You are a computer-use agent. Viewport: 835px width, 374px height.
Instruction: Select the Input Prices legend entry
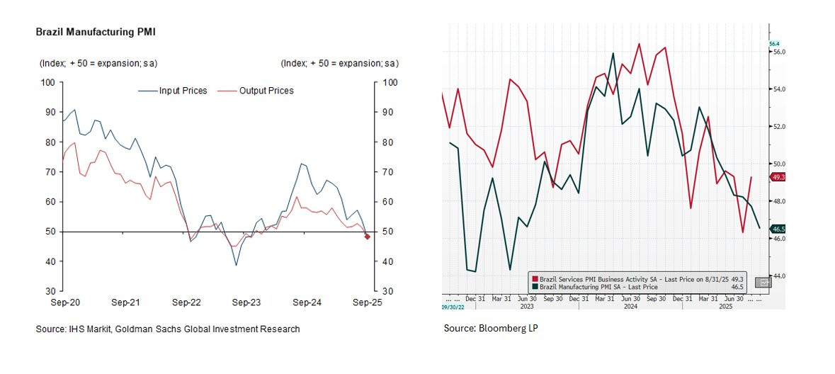pyautogui.click(x=183, y=91)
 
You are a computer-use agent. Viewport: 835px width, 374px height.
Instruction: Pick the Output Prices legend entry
pyautogui.click(x=266, y=91)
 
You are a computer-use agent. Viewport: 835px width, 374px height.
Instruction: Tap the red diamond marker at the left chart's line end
pyautogui.click(x=368, y=237)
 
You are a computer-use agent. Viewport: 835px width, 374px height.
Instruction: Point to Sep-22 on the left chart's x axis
pyautogui.click(x=187, y=302)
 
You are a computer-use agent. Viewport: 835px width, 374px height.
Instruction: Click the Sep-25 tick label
pyautogui.click(x=368, y=302)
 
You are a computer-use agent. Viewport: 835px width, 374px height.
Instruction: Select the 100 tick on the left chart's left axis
pyautogui.click(x=49, y=82)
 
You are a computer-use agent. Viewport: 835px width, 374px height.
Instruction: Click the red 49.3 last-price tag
pyautogui.click(x=777, y=177)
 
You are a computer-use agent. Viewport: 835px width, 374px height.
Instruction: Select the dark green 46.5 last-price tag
pyautogui.click(x=777, y=229)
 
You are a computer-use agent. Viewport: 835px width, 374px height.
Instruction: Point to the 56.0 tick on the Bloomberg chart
pyautogui.click(x=778, y=52)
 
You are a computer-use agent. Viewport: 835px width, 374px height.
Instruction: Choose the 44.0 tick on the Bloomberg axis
pyautogui.click(x=778, y=276)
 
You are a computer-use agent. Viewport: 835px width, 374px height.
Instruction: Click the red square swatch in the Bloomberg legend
pyautogui.click(x=535, y=280)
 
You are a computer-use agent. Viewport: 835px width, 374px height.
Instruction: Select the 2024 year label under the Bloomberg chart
pyautogui.click(x=627, y=306)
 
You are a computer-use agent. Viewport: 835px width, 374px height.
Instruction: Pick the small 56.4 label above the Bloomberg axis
pyautogui.click(x=774, y=43)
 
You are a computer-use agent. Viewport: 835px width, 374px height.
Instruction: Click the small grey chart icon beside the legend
pyautogui.click(x=763, y=283)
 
